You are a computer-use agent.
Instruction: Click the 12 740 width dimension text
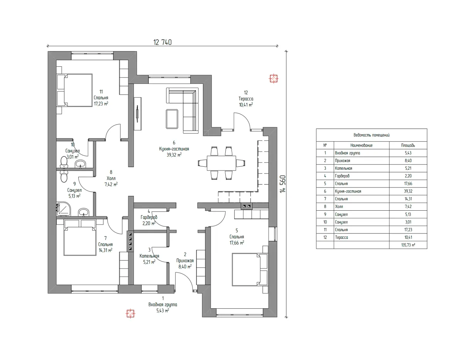162,42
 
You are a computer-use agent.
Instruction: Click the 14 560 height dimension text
282,184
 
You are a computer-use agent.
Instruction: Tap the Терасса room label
246,99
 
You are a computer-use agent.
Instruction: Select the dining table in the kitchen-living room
221,163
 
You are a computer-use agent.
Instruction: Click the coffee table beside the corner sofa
172,119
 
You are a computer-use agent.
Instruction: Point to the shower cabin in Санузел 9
63,209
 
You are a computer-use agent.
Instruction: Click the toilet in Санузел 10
64,162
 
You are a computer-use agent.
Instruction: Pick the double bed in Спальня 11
74,90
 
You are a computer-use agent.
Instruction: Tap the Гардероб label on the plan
149,217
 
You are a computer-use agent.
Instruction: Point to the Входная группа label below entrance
162,304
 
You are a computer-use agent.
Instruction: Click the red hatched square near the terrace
274,79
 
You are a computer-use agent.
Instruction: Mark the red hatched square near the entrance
130,314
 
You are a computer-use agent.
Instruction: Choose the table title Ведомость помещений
372,135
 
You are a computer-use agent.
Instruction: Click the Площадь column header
408,145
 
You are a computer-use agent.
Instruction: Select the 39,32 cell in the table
408,191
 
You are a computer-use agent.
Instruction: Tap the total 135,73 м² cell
408,245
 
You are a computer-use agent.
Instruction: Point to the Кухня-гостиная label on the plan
174,149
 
